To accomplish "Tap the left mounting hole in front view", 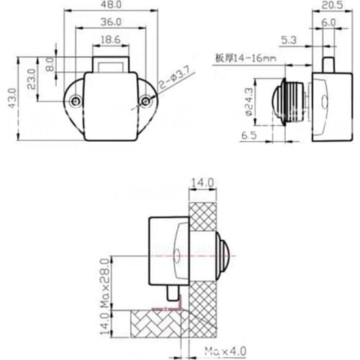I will [x=75, y=102].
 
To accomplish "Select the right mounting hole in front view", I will [x=145, y=102].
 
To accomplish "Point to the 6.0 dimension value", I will [x=328, y=23].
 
